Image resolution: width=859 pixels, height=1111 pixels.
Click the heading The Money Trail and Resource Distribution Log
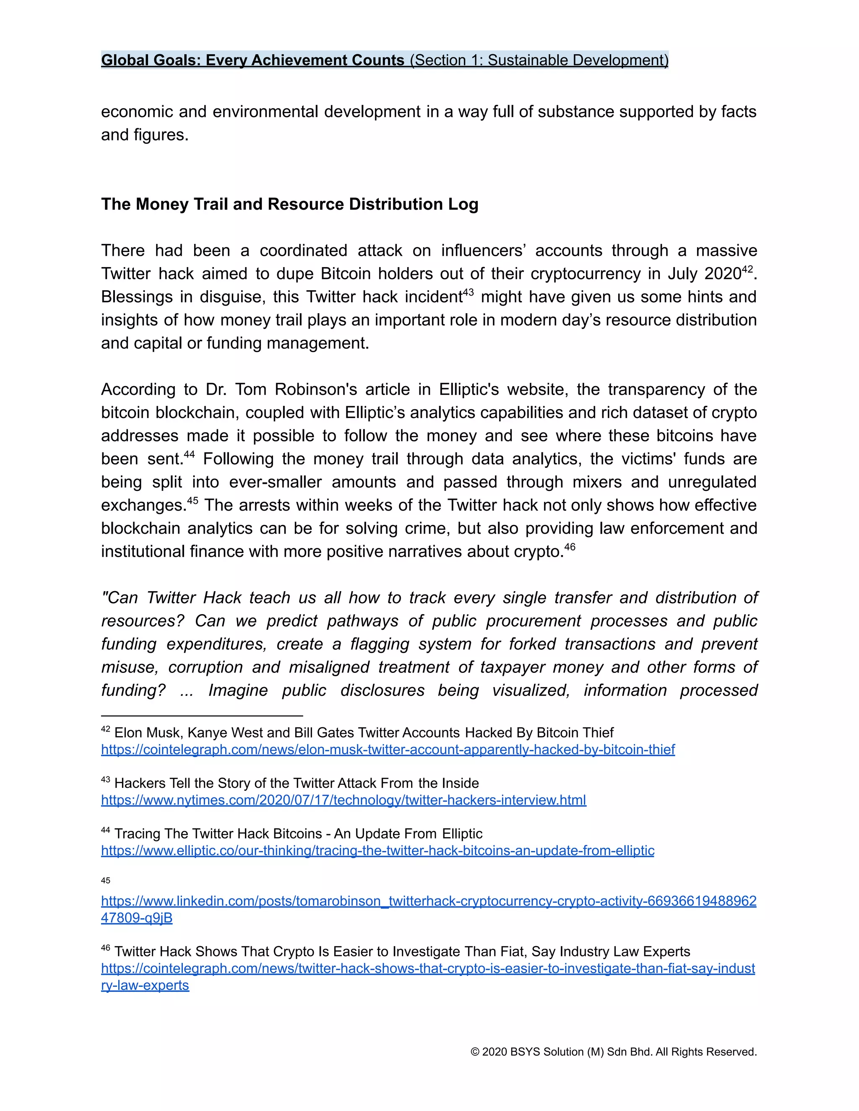tap(289, 204)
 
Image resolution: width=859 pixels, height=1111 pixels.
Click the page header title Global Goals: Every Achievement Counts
tap(252, 60)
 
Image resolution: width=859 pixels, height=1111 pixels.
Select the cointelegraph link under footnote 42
tap(388, 749)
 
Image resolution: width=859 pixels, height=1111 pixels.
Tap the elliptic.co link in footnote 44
tap(377, 850)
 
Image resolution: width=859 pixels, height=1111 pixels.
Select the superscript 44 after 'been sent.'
tap(189, 454)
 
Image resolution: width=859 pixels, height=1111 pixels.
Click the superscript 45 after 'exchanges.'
tap(193, 501)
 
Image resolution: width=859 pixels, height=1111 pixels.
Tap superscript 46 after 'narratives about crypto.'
tap(570, 547)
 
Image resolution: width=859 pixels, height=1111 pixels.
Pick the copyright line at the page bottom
tap(613, 1051)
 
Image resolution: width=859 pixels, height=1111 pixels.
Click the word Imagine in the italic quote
tap(238, 690)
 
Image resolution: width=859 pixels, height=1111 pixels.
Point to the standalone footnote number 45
tap(105, 880)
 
